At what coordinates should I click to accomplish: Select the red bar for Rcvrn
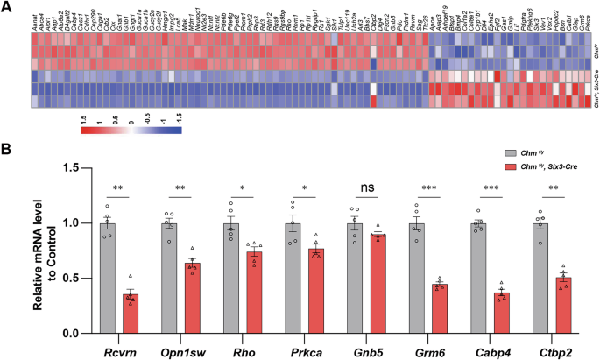click(130, 314)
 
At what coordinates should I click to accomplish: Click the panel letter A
click(7, 7)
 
